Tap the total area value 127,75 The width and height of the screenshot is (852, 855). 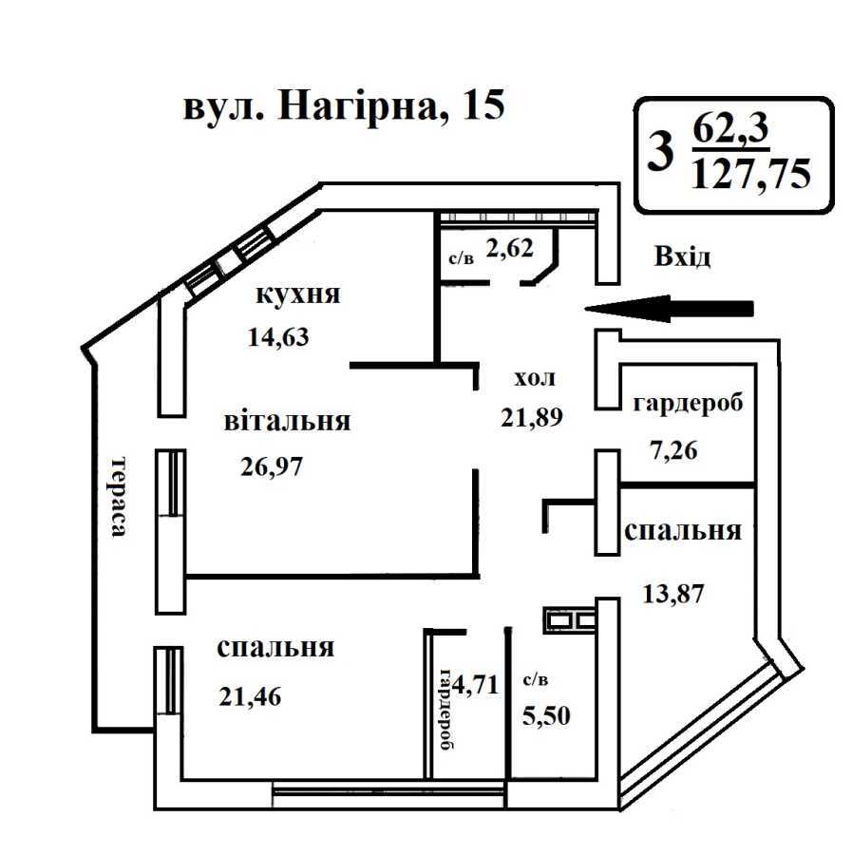(751, 174)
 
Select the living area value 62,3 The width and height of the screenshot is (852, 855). (729, 126)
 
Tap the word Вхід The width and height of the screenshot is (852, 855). (681, 256)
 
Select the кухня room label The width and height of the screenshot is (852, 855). (298, 294)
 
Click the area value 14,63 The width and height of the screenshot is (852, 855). (277, 336)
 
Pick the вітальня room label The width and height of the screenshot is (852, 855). (287, 421)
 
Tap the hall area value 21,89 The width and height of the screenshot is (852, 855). (533, 416)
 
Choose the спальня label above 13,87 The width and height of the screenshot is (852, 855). (683, 531)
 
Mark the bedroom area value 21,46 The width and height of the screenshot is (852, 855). (251, 696)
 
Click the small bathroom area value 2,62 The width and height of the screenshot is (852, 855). (509, 249)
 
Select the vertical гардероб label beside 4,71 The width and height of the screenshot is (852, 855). (445, 709)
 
